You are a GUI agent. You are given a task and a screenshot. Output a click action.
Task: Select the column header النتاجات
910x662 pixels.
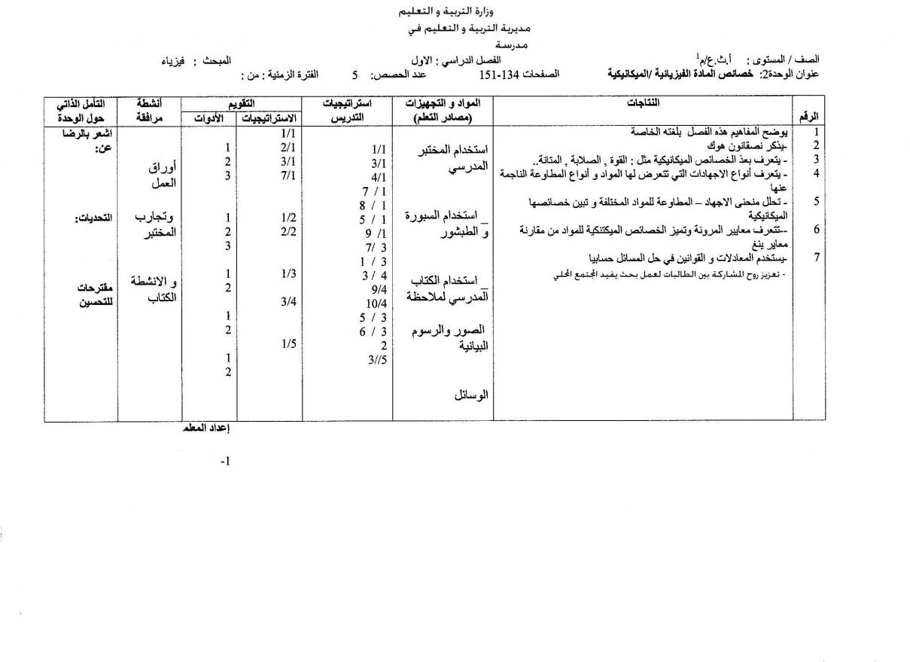(644, 102)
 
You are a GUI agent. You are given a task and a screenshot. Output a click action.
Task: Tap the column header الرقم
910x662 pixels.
(810, 117)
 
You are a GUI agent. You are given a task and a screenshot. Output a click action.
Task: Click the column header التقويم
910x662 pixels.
(241, 102)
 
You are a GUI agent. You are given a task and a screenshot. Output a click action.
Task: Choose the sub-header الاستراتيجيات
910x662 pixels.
(269, 118)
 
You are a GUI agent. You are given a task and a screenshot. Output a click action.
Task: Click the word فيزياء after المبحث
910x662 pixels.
(172, 59)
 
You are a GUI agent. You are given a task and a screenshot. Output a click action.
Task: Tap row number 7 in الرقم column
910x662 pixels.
(815, 258)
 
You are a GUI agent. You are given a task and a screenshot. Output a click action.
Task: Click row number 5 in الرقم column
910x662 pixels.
(815, 201)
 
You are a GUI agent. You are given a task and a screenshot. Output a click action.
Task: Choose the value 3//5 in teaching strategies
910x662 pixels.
(377, 359)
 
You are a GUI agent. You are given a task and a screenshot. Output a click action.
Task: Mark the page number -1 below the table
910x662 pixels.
(225, 461)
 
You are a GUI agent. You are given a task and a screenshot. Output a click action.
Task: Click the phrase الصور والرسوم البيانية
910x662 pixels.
(452, 338)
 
